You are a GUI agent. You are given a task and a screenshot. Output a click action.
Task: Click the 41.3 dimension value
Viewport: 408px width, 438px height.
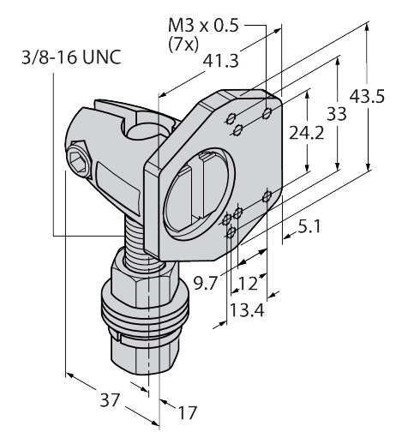pyautogui.click(x=221, y=61)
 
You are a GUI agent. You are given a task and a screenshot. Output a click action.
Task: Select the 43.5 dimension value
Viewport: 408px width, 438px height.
pyautogui.click(x=367, y=96)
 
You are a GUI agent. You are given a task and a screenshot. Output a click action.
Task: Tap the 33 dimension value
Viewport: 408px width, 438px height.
pyautogui.click(x=337, y=114)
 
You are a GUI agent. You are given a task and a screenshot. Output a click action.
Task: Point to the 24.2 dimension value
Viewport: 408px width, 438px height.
pyautogui.click(x=307, y=133)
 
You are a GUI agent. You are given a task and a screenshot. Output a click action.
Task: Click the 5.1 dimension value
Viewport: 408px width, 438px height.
pyautogui.click(x=309, y=226)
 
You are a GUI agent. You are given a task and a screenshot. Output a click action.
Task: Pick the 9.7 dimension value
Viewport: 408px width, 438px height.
pyautogui.click(x=206, y=284)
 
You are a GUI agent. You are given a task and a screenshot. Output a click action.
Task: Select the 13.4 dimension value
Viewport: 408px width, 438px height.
pyautogui.click(x=247, y=310)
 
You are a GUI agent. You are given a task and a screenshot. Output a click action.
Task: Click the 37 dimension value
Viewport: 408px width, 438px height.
pyautogui.click(x=109, y=400)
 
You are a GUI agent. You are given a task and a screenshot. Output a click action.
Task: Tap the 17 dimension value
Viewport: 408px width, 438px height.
pyautogui.click(x=188, y=412)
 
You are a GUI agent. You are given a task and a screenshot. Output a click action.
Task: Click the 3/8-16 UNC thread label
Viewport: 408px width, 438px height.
pyautogui.click(x=72, y=57)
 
